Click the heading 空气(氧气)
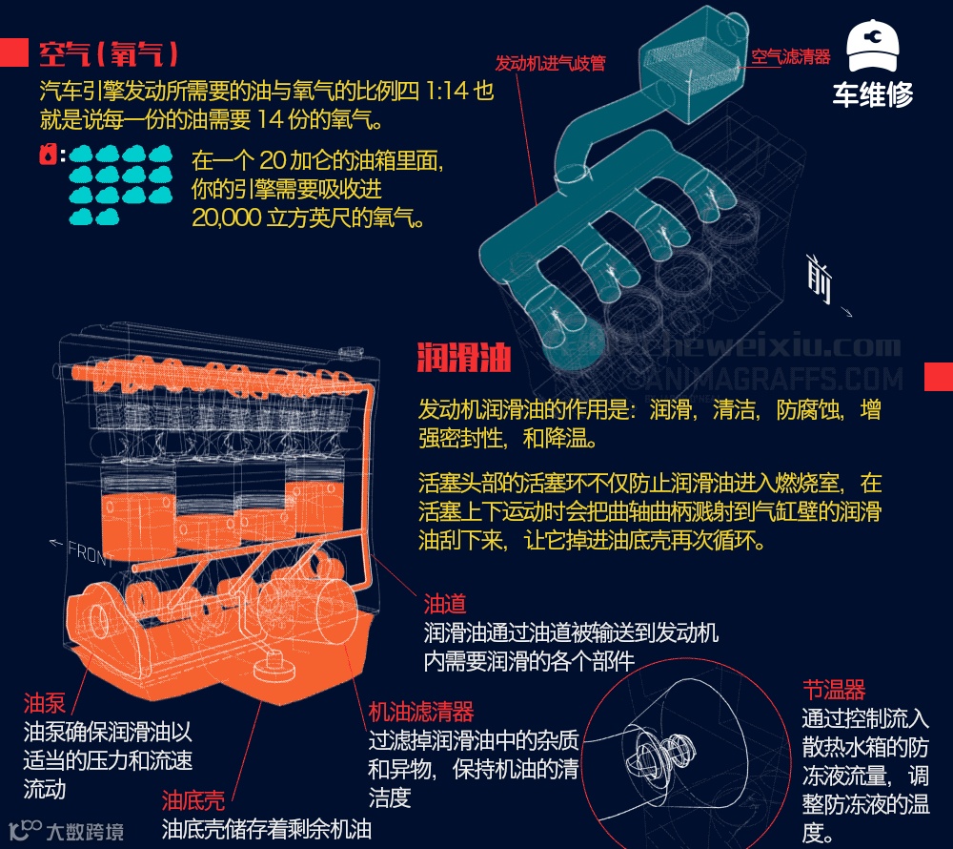109,53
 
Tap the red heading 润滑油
464,357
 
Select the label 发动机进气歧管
550,63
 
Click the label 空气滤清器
791,56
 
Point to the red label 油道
445,603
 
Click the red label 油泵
45,702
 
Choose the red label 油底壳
193,800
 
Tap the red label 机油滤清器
420,711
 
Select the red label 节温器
834,690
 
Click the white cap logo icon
873,46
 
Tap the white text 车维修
873,94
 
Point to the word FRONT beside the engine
90,553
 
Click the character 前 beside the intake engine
819,278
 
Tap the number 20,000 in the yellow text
227,217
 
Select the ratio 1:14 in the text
447,91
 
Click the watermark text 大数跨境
85,832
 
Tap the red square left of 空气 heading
14,52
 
